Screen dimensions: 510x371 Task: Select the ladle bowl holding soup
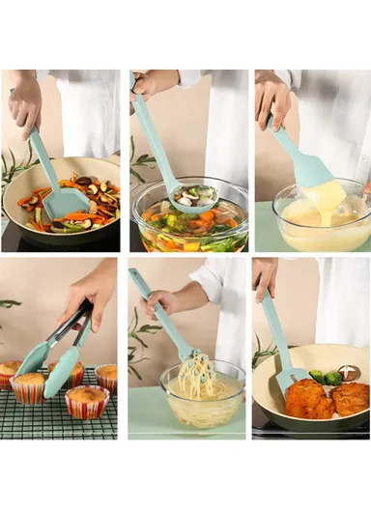(193, 198)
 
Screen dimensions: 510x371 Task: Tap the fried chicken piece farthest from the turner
(351, 397)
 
